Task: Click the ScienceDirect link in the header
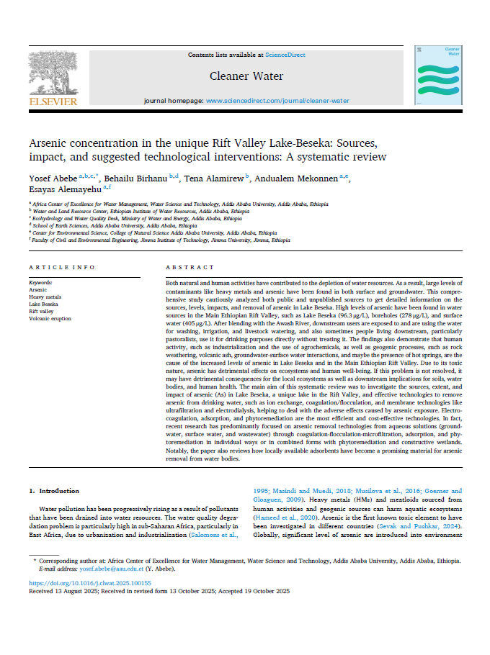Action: pyautogui.click(x=285, y=55)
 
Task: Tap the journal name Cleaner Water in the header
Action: pyautogui.click(x=246, y=76)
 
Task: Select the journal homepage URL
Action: pyautogui.click(x=277, y=101)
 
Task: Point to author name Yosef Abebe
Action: pyautogui.click(x=49, y=177)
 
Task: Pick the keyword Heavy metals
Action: pyautogui.click(x=45, y=297)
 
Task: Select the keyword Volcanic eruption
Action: pyautogui.click(x=50, y=318)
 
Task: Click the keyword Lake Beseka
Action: pyautogui.click(x=43, y=304)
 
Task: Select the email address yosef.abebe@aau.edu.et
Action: pyautogui.click(x=109, y=568)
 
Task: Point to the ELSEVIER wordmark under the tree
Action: pyautogui.click(x=52, y=101)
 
